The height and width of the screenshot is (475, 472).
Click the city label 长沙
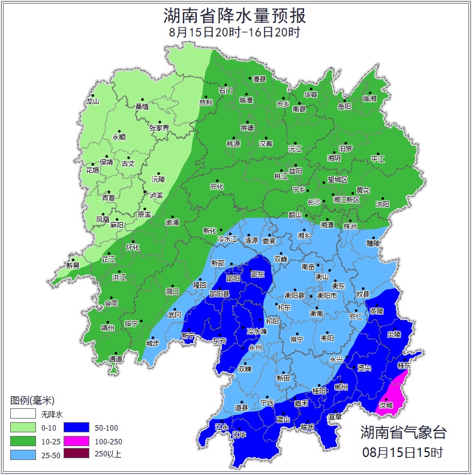[x=314, y=202]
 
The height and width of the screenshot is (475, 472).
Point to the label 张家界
[x=159, y=128]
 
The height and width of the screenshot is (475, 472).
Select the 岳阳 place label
[x=344, y=107]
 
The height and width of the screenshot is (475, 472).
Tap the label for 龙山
[x=92, y=101]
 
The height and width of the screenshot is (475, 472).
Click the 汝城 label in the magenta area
[x=386, y=405]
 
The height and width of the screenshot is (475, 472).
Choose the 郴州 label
[x=341, y=387]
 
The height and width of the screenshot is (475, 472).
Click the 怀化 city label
[x=133, y=247]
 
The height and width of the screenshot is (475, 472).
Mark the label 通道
[x=116, y=359]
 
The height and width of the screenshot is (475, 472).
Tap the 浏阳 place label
[x=382, y=204]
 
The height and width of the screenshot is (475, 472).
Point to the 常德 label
[x=246, y=128]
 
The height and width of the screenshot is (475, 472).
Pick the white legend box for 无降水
[x=22, y=414]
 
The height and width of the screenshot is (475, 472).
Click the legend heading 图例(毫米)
[x=32, y=400]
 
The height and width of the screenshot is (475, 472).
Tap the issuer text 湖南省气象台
[x=403, y=432]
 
